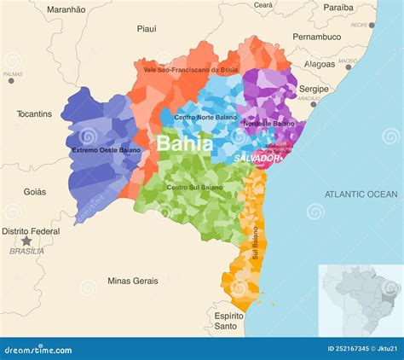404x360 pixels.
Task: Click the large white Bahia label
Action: (184, 143)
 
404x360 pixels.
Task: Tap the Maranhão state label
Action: (66, 9)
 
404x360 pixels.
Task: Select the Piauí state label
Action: (147, 29)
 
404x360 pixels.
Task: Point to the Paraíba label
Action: (338, 8)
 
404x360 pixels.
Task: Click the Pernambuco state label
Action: (316, 38)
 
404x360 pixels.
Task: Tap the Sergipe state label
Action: (314, 89)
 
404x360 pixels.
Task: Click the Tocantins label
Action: (34, 113)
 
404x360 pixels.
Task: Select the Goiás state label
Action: (35, 192)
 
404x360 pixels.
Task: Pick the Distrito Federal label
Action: (31, 231)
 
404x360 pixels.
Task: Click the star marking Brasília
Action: (26, 241)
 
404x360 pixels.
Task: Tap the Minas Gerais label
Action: (133, 281)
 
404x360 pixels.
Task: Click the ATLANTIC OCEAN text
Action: (361, 195)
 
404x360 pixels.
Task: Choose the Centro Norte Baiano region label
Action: (205, 117)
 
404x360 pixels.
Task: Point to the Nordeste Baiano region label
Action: (268, 124)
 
